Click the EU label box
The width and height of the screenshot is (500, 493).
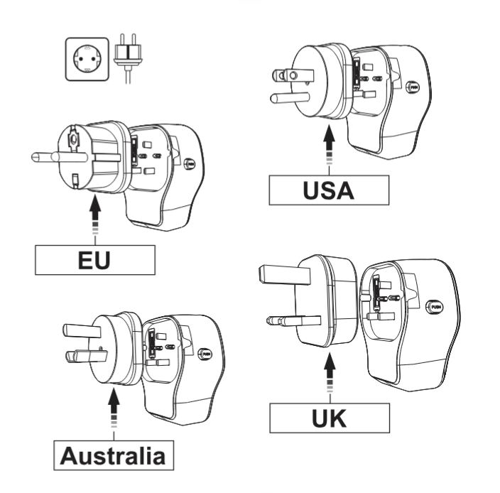[94, 259]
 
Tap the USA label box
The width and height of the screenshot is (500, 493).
[329, 190]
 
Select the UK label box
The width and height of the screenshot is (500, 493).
[329, 418]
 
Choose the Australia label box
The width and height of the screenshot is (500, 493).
[114, 455]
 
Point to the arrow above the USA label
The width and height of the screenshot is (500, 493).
[329, 145]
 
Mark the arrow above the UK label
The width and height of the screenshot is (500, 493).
[329, 377]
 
